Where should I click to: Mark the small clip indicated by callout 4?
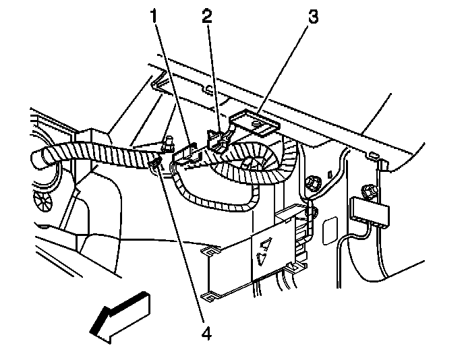[157, 164]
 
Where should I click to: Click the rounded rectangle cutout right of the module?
[330, 231]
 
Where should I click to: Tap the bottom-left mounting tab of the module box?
[212, 295]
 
